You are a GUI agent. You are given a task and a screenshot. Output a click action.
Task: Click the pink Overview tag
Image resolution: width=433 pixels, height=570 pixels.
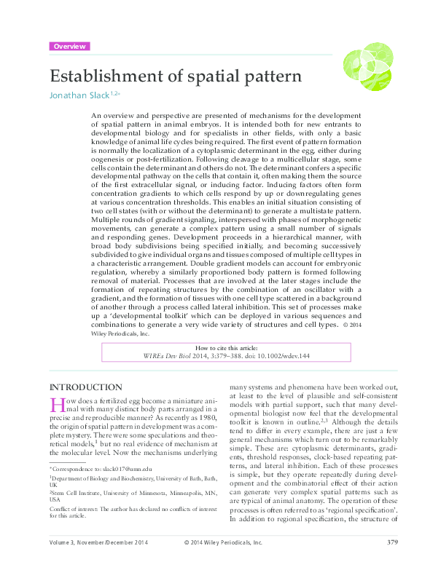(70, 46)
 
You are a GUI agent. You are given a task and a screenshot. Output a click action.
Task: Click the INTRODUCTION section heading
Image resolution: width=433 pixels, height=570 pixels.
(85, 387)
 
